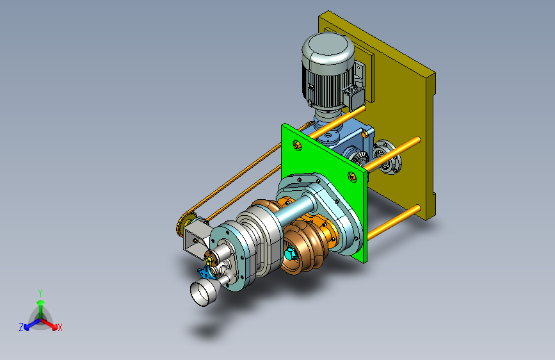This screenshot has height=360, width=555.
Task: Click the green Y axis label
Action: click(40, 293)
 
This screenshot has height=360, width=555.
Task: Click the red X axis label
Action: click(60, 328)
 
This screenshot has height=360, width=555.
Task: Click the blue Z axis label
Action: click(21, 327)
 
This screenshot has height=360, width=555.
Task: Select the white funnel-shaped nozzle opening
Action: click(203, 291)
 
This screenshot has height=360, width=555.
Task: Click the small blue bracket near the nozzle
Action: click(205, 272)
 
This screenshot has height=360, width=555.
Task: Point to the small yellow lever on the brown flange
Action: click(210, 261)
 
